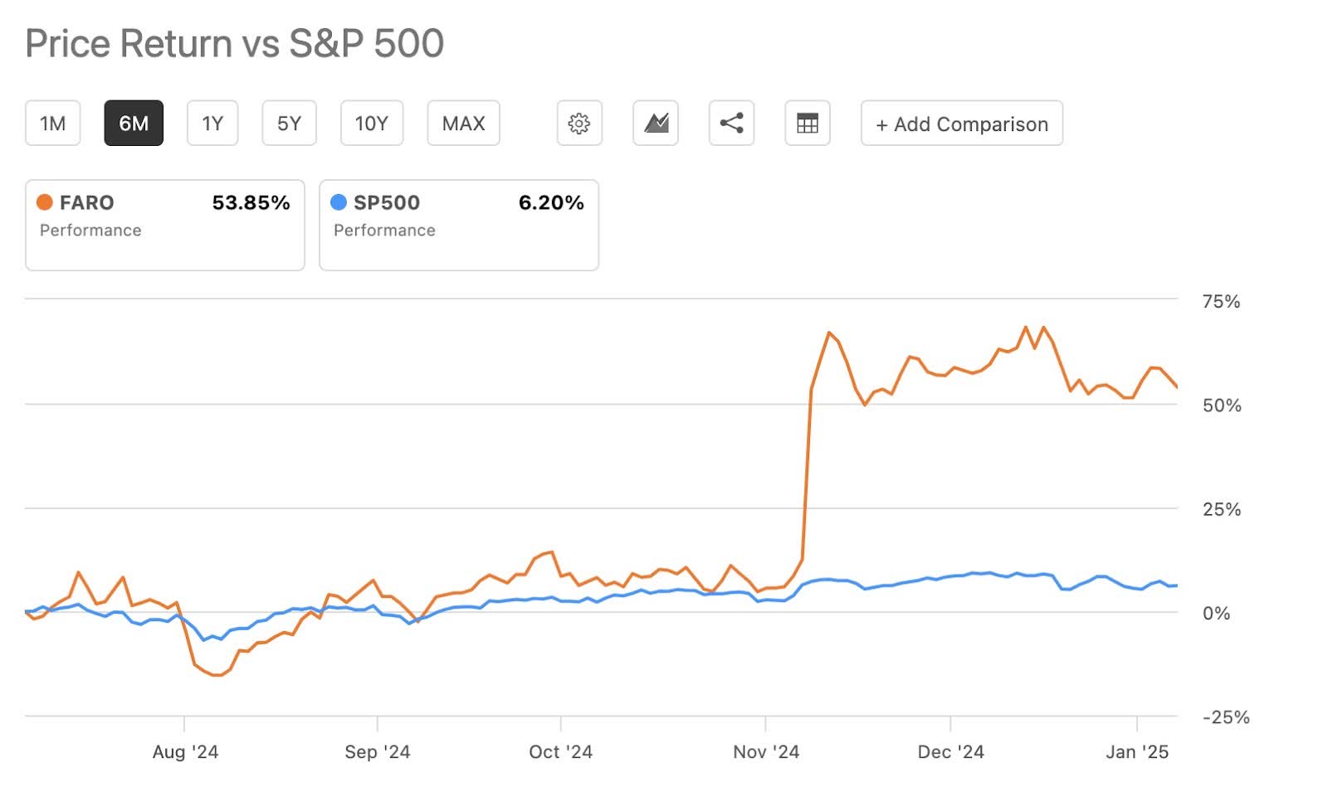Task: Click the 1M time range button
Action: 52,124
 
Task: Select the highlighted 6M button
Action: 134,124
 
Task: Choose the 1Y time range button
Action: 212,124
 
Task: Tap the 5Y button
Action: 289,124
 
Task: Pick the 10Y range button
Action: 371,124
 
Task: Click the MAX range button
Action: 463,124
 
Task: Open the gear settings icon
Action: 579,124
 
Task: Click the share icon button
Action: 731,124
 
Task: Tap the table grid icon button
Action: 807,124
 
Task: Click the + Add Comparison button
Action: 961,124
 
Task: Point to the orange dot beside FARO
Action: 45,202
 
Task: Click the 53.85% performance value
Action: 251,203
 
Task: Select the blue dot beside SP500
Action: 339,202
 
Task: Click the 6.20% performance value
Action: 551,203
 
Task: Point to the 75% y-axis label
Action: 1221,302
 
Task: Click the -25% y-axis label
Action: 1225,717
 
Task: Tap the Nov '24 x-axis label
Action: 765,752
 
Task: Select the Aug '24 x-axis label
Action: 185,752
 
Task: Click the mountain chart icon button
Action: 656,124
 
